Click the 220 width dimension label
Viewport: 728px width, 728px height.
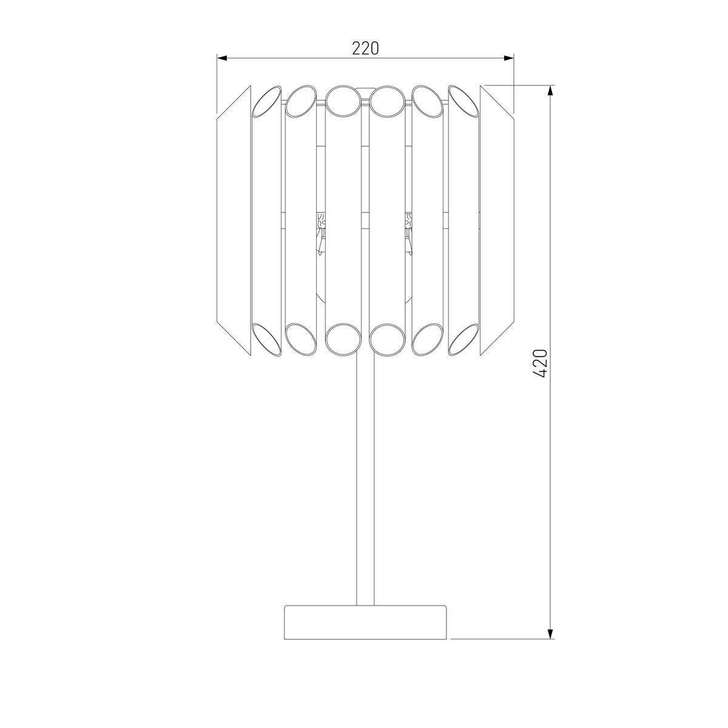[365, 49]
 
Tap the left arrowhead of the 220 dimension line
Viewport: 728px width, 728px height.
[222, 58]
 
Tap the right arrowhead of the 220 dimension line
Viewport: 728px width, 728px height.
[509, 58]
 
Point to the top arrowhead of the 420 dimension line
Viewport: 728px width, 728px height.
[550, 90]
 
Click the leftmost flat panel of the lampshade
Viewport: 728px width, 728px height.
[234, 220]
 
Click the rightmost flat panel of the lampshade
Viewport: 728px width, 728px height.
[497, 220]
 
